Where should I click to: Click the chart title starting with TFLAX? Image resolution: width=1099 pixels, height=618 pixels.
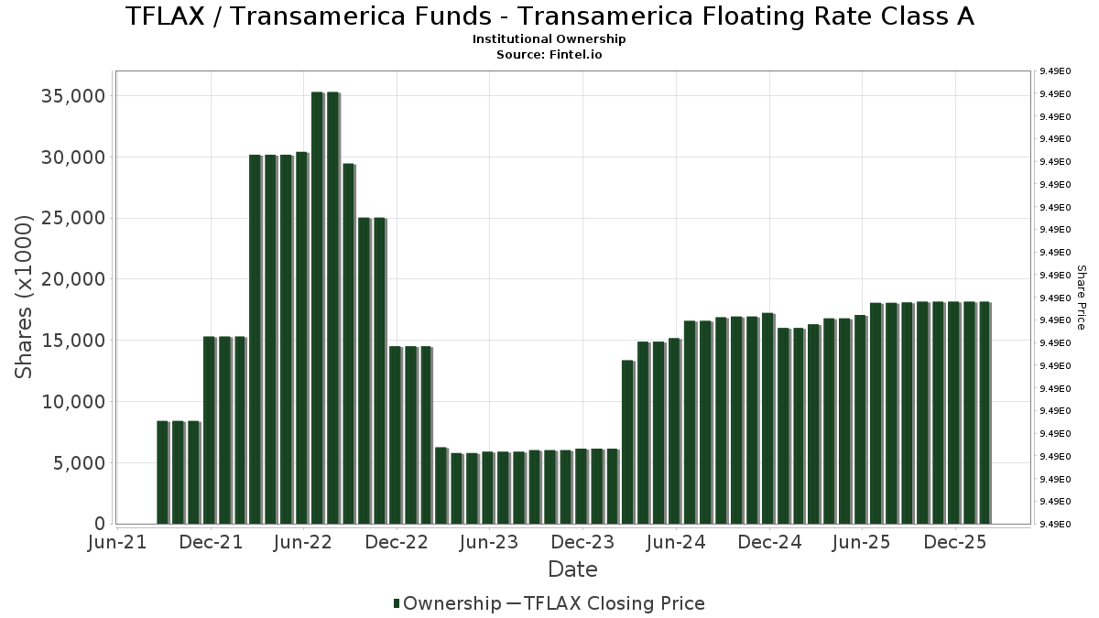click(x=549, y=16)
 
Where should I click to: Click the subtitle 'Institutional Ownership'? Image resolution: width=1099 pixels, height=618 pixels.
click(x=549, y=39)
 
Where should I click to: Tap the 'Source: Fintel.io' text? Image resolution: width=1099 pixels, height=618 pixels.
click(x=549, y=54)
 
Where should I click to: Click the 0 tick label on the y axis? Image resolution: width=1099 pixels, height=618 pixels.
click(x=100, y=524)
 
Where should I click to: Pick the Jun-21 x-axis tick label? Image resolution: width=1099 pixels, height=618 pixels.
click(x=117, y=542)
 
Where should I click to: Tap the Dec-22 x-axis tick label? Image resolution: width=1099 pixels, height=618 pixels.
click(x=397, y=542)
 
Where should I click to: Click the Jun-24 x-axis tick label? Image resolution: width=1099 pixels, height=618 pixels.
click(x=676, y=542)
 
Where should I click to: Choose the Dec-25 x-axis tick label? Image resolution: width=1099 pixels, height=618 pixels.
click(x=954, y=542)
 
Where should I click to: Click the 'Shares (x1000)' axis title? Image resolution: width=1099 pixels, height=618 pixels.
click(x=25, y=297)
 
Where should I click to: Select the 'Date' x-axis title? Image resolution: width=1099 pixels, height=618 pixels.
click(x=572, y=569)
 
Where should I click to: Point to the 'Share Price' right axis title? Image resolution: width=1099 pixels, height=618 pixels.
click(x=1081, y=297)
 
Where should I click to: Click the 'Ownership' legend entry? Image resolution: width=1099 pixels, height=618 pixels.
click(x=449, y=603)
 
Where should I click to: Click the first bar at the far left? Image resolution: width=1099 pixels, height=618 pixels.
click(x=162, y=472)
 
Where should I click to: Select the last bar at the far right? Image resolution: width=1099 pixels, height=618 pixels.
click(x=985, y=413)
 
